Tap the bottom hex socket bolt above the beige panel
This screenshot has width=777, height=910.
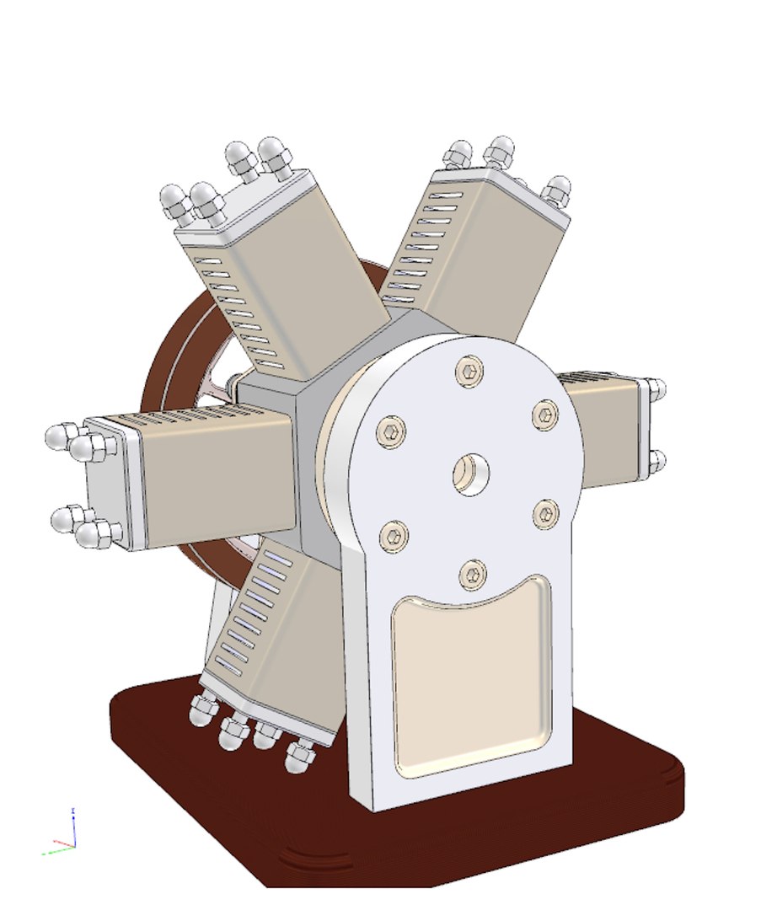pos(473,575)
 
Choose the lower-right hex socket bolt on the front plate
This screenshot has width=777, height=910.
pos(547,513)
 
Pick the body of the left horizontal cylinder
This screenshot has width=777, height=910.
pos(219,472)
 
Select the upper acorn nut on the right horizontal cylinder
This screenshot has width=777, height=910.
pos(657,389)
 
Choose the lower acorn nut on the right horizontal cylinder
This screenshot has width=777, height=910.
pos(657,461)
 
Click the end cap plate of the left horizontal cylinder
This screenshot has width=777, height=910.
pos(105,480)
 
